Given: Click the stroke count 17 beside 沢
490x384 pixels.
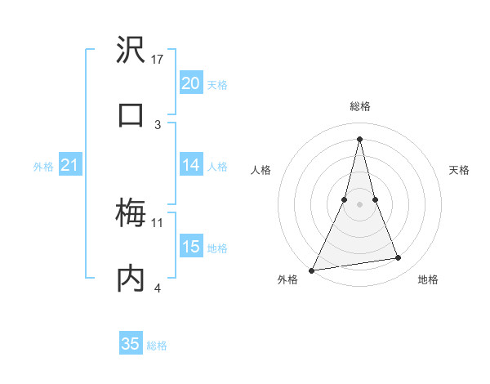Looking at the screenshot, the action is [x=158, y=60].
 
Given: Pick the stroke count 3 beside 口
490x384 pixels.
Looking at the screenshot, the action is [x=158, y=124].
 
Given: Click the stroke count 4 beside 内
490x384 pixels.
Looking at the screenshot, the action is [x=158, y=288].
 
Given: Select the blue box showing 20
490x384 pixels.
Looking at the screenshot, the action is [x=190, y=83].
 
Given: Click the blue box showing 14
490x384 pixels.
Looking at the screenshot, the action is [x=190, y=165].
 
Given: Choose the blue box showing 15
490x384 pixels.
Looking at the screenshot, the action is [x=190, y=247].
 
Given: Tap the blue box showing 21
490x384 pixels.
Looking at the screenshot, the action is [x=70, y=166].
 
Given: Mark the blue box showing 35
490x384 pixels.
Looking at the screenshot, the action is [x=131, y=344].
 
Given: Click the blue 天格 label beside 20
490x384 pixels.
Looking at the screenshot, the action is [x=217, y=85].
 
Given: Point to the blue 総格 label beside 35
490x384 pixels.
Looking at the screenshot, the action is [x=157, y=346].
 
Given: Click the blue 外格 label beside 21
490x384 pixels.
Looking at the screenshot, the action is [x=43, y=167].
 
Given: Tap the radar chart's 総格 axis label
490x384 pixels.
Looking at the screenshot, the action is [x=359, y=106].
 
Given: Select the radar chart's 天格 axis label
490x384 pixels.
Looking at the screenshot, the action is [x=460, y=170].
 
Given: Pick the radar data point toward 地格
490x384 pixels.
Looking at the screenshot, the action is [x=399, y=258].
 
